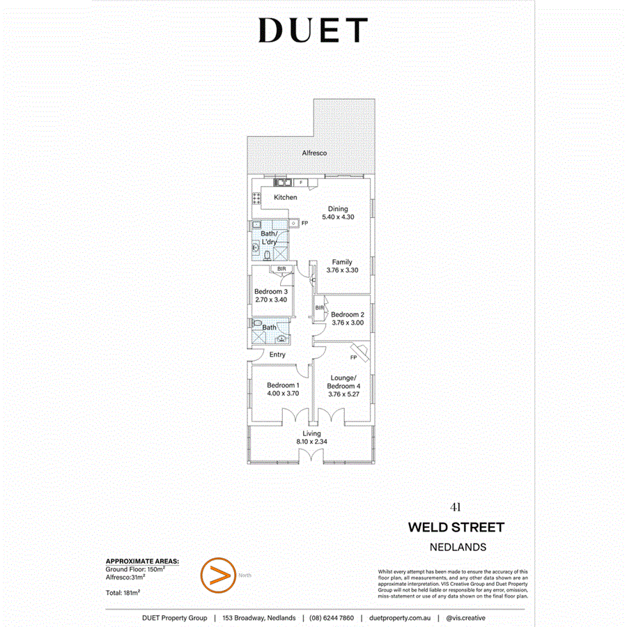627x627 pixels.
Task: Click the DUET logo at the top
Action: pos(313,31)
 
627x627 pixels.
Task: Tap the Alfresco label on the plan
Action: pos(314,153)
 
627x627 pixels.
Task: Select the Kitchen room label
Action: pos(286,197)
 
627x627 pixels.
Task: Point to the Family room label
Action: pos(341,262)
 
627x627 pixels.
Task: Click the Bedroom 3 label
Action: pos(271,291)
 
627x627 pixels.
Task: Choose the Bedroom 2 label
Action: pos(347,314)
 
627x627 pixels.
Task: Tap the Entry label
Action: pos(277,355)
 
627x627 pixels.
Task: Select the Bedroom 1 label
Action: pos(284,385)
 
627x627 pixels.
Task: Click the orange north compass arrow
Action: pos(215,575)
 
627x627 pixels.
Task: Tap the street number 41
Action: pos(456,507)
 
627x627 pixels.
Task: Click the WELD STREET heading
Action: pos(456,527)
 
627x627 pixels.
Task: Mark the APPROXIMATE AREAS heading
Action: pos(142,561)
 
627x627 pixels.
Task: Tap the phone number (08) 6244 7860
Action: pos(332,618)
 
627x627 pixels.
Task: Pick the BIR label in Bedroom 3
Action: pos(281,269)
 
